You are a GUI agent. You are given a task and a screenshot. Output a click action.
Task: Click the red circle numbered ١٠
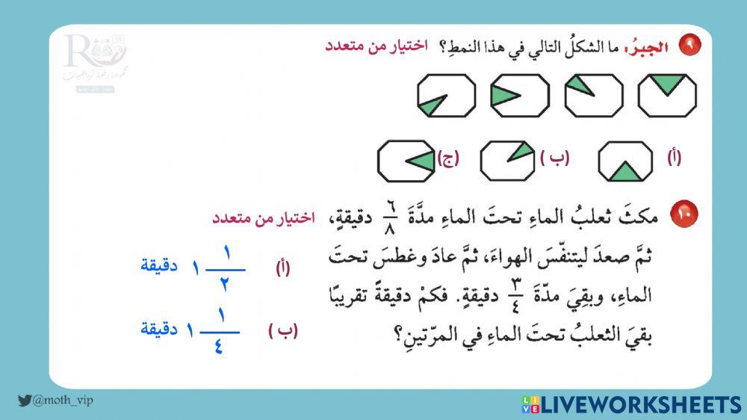click(x=684, y=214)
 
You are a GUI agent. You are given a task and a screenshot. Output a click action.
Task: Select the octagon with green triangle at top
click(x=667, y=95)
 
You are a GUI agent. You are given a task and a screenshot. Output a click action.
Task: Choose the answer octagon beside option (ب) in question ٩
click(x=508, y=160)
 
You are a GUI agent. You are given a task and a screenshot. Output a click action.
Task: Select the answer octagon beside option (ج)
click(x=406, y=160)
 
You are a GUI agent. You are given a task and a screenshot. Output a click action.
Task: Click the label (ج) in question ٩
click(x=448, y=158)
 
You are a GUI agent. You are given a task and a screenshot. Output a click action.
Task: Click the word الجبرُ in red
click(x=649, y=46)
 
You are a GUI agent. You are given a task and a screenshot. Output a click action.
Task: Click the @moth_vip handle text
click(x=63, y=401)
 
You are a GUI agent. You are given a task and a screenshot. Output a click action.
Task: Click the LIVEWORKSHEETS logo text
click(x=640, y=404)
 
